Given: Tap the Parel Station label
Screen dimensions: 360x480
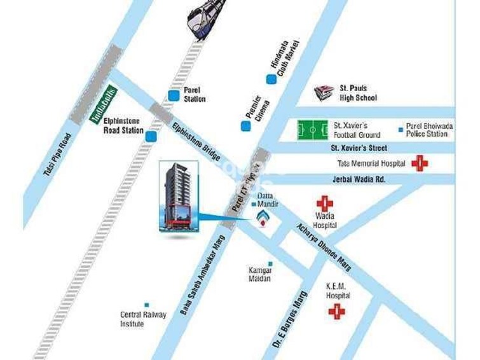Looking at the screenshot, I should (x=195, y=95).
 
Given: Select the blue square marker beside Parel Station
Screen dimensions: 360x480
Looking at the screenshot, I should (x=174, y=95).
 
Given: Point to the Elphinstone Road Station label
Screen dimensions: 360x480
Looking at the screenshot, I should (x=123, y=125).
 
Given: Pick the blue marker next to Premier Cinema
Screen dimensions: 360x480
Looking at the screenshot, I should (x=245, y=125).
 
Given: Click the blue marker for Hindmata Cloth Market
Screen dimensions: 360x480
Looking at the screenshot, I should (x=271, y=79).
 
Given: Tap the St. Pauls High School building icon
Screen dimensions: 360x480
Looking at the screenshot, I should (x=324, y=92).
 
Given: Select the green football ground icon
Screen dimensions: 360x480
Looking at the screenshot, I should (x=313, y=130).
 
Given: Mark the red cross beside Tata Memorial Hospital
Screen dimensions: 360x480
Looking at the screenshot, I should (x=420, y=163).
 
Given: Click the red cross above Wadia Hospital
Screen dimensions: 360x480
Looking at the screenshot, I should (x=325, y=204).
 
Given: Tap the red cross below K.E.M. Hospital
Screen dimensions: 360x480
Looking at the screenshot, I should (x=336, y=312).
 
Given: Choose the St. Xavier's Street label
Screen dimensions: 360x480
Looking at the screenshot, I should (x=360, y=148).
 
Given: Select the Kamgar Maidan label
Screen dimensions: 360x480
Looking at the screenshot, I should (x=260, y=274).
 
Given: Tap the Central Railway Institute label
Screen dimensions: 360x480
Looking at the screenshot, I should (x=143, y=319).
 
